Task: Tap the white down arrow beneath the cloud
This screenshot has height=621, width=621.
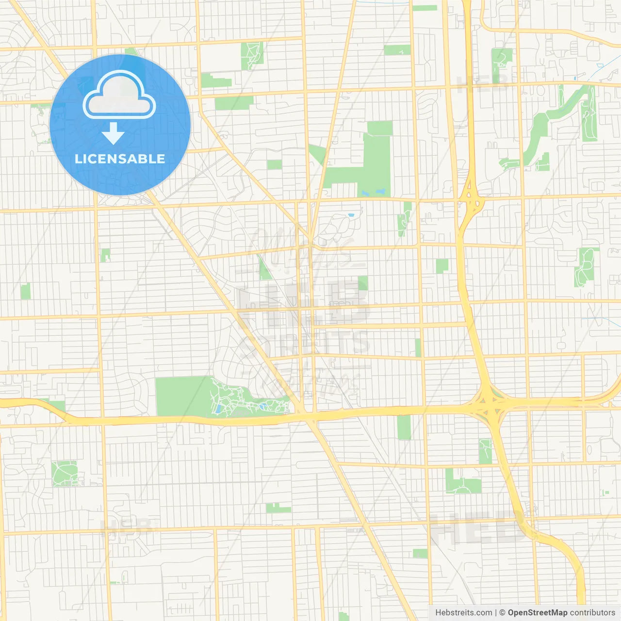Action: (x=114, y=133)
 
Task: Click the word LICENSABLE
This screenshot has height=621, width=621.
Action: (x=120, y=159)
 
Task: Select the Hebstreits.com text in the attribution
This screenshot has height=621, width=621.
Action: (x=463, y=613)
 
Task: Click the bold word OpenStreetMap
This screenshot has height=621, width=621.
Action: (x=538, y=613)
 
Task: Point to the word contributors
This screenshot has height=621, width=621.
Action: (x=592, y=613)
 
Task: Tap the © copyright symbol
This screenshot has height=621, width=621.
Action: (x=502, y=613)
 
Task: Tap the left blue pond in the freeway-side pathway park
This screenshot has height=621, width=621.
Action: (x=218, y=409)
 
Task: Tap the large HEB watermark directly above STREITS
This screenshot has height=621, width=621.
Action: (x=303, y=303)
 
